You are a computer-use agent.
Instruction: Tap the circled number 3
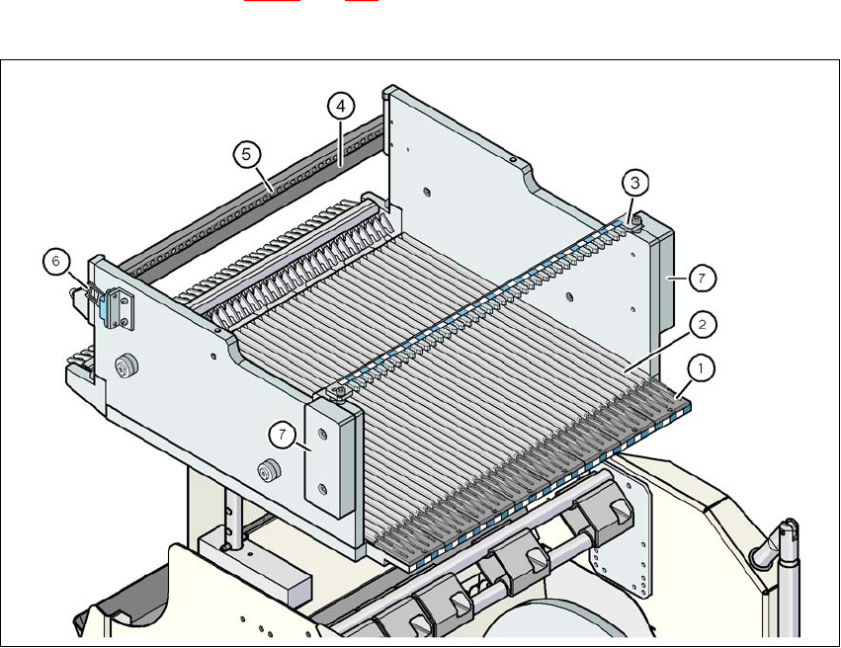point(635,182)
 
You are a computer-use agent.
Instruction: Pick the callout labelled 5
point(247,154)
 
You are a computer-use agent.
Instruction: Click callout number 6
point(56,262)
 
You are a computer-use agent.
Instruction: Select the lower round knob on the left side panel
point(264,469)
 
